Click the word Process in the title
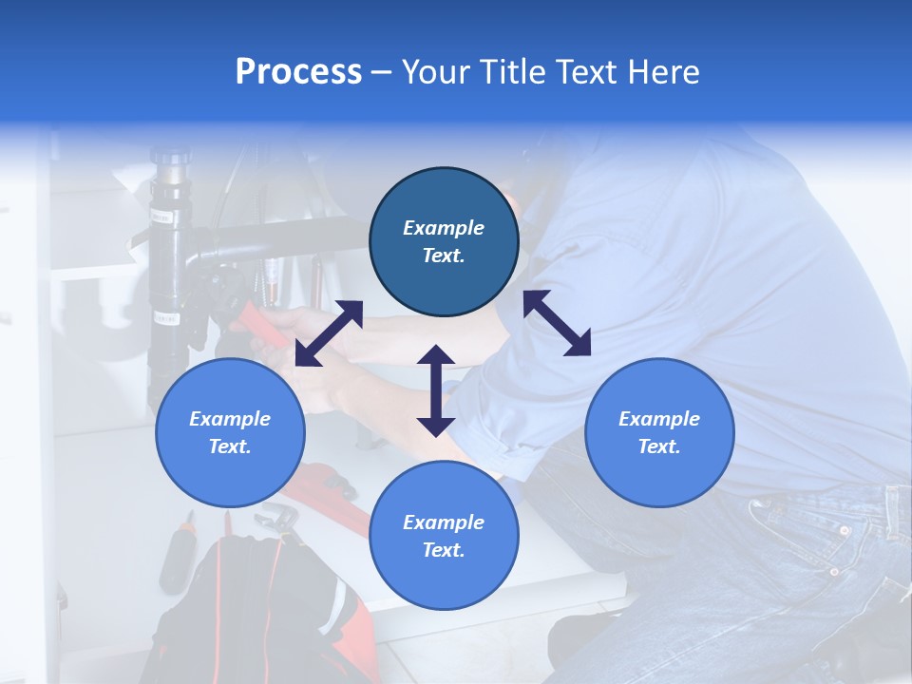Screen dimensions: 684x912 coord(298,72)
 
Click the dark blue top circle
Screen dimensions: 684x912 coord(444,242)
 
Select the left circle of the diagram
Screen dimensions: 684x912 coord(230,432)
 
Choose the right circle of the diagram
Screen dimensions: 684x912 coord(659,432)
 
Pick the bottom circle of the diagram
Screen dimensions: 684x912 coord(444,536)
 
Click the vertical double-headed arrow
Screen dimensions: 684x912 coord(436,390)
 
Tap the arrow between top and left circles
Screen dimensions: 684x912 coord(329,333)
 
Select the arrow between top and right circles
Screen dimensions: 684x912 coord(557,323)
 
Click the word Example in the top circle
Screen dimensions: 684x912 coord(444,228)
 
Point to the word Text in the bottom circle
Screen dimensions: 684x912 coord(444,550)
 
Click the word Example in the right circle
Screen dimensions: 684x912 coord(659,419)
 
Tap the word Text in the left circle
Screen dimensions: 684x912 coord(230,446)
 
